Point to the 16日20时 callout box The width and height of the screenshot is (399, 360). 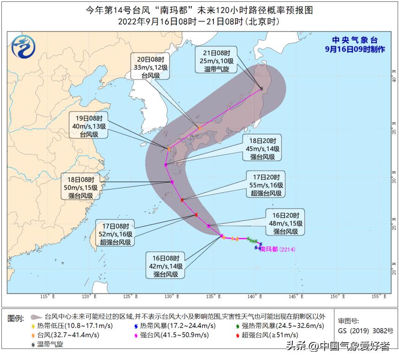click(285, 223)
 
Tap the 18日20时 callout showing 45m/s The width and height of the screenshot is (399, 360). click(262, 149)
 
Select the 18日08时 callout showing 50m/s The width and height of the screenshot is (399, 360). click(81, 187)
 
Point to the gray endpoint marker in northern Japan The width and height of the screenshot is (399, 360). click(262, 88)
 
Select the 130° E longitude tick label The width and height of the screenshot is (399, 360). click(171, 296)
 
